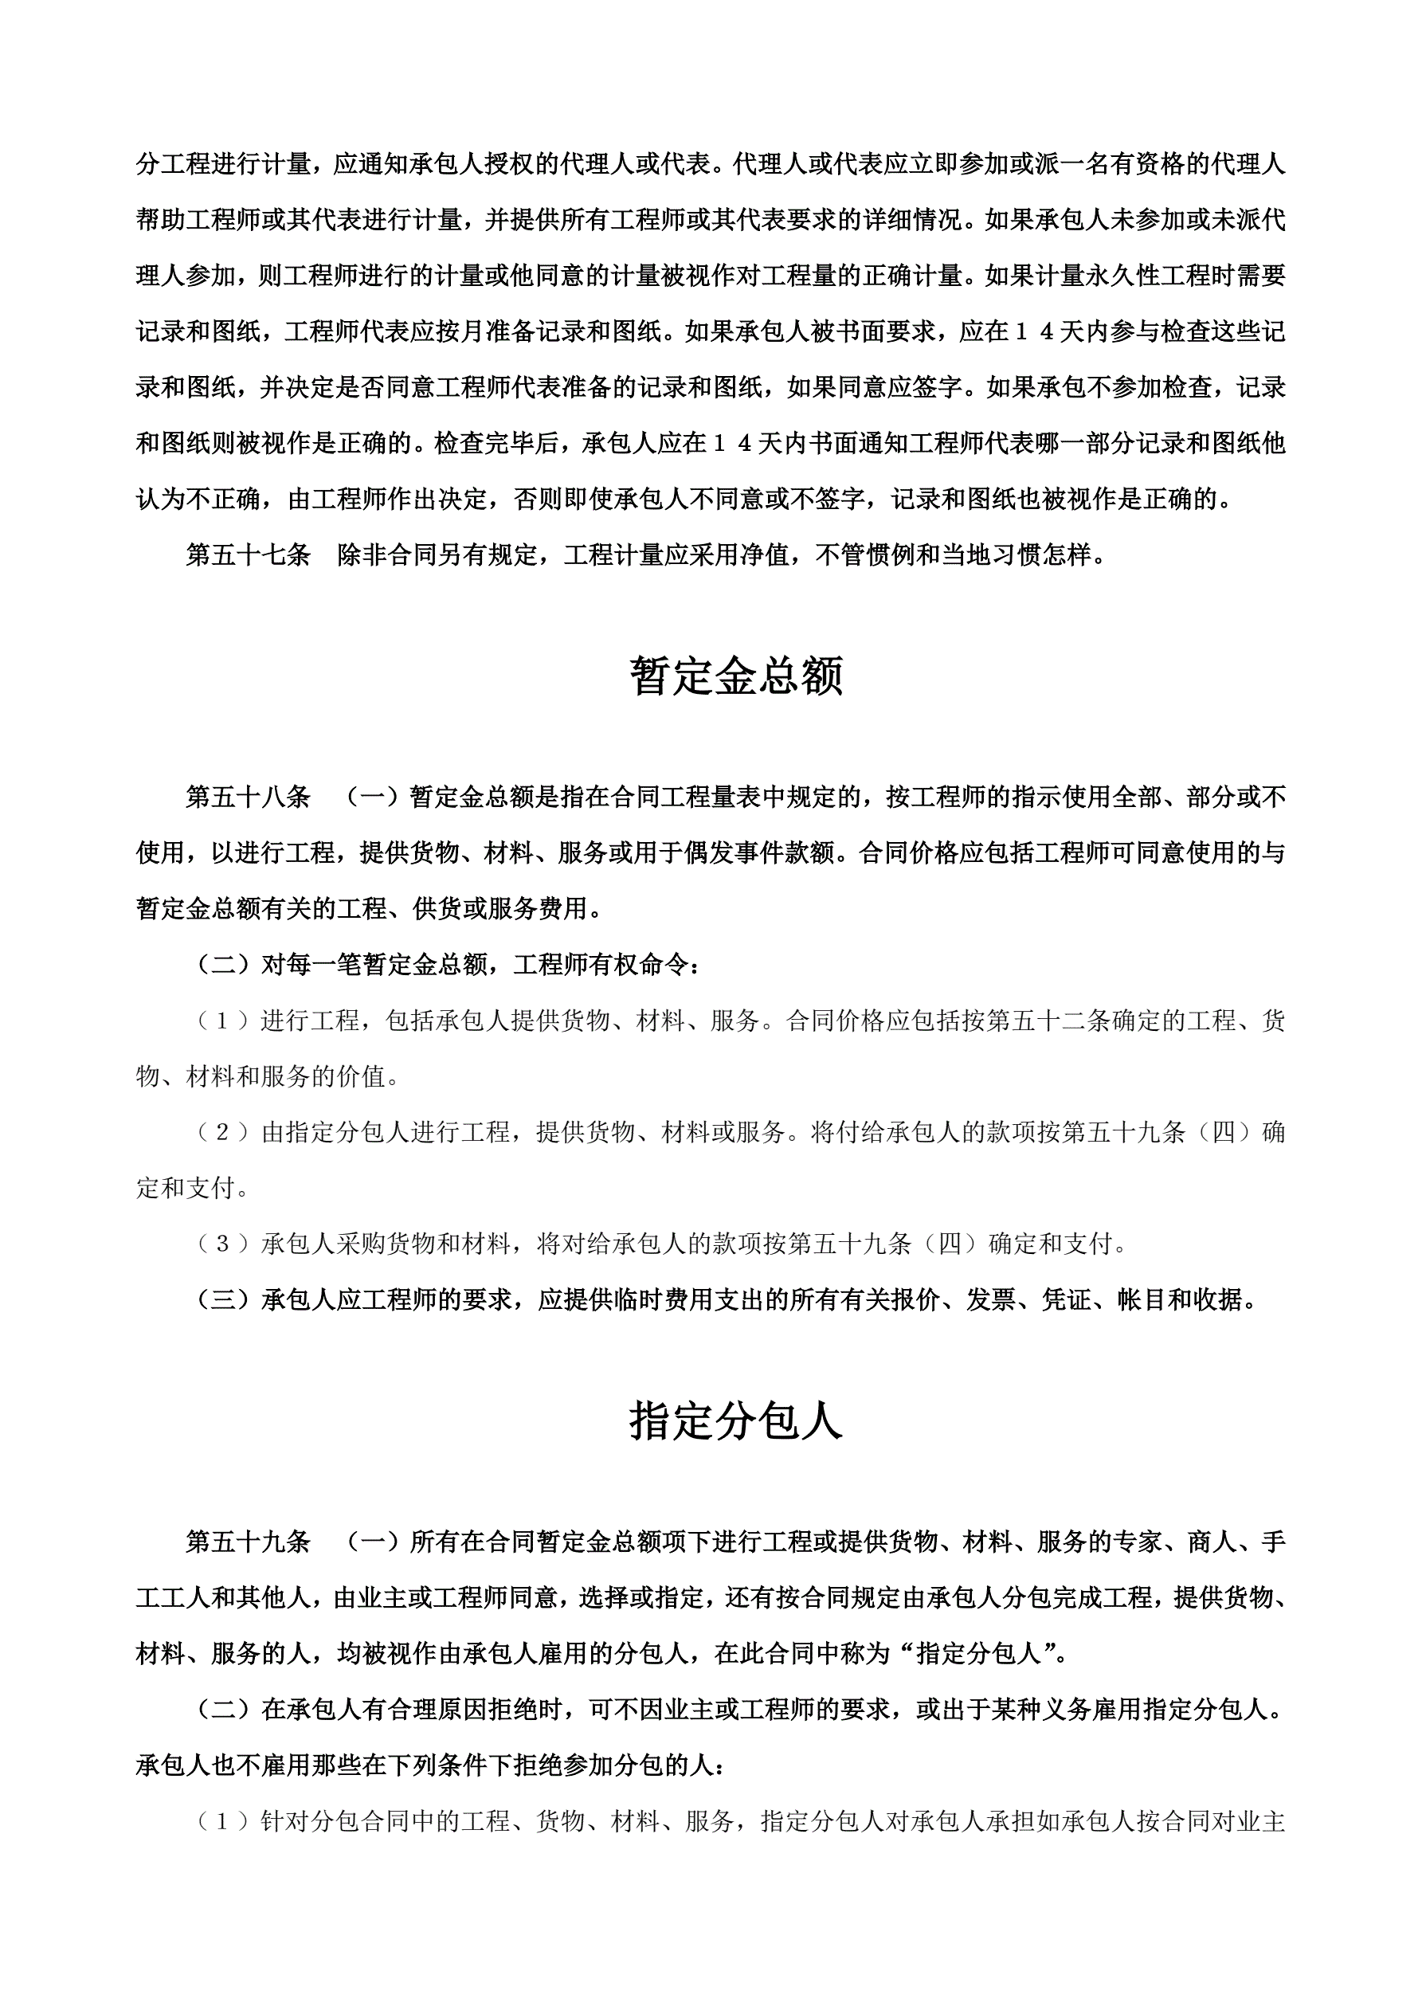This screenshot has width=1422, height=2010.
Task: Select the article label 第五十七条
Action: pos(248,555)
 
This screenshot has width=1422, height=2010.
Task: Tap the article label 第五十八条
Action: pos(248,797)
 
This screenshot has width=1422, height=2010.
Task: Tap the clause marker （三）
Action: pos(222,1300)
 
